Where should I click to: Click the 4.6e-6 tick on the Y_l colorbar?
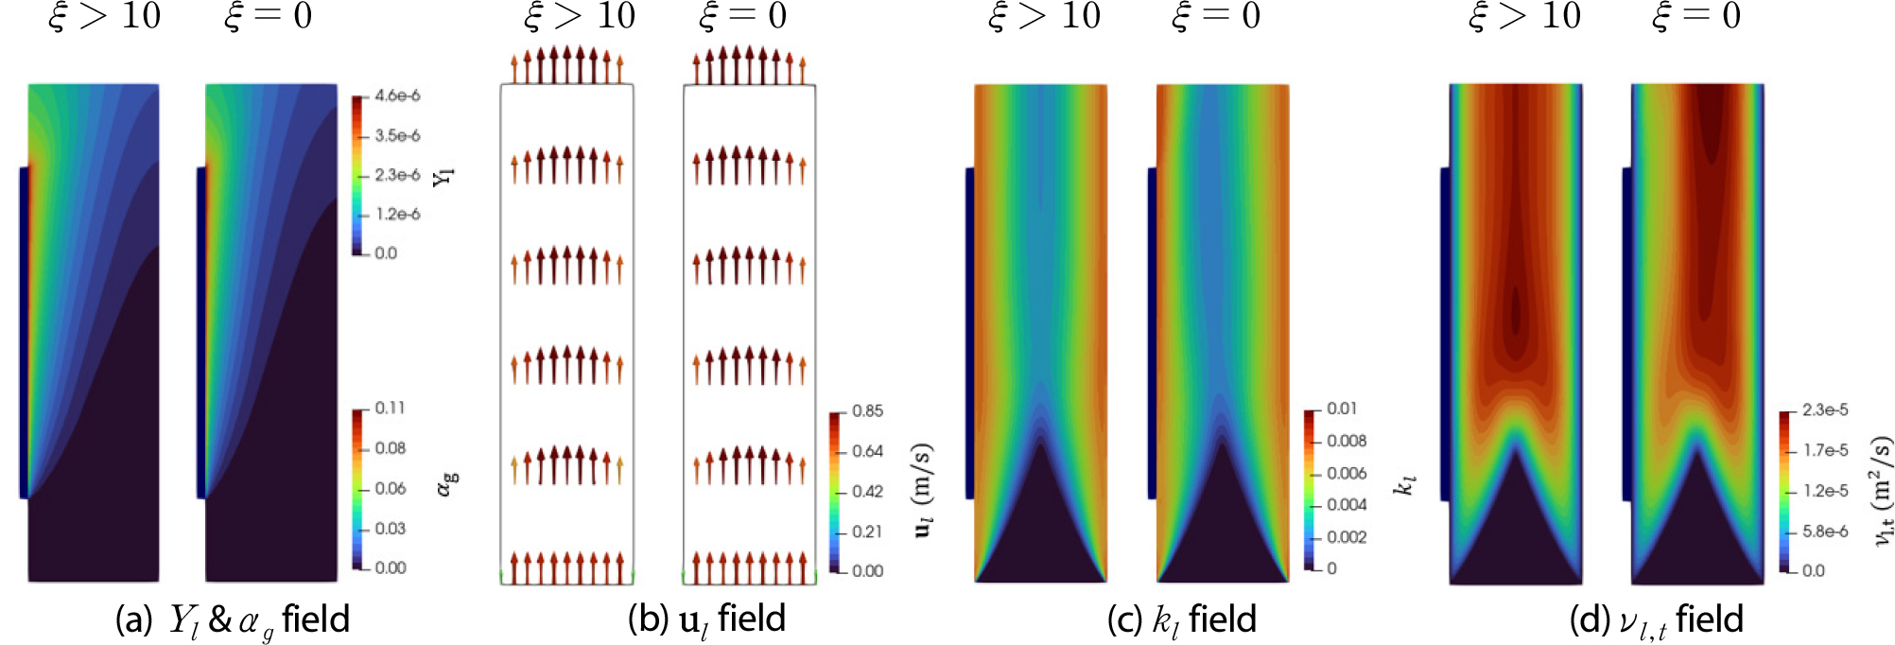pyautogui.click(x=397, y=96)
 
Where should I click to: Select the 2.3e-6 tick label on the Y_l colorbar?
pyautogui.click(x=397, y=175)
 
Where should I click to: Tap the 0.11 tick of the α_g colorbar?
pyautogui.click(x=390, y=408)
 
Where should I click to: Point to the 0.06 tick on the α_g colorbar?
pyautogui.click(x=390, y=488)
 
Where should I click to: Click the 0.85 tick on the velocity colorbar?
pyautogui.click(x=867, y=410)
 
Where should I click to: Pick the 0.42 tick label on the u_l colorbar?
pyautogui.click(x=867, y=491)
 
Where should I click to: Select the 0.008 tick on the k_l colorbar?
pyautogui.click(x=1347, y=441)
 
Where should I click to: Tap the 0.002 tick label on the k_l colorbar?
pyautogui.click(x=1347, y=537)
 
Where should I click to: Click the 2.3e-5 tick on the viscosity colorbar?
pyautogui.click(x=1825, y=410)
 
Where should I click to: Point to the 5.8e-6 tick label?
pyautogui.click(x=1825, y=532)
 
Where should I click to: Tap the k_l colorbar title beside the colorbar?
pyautogui.click(x=1405, y=484)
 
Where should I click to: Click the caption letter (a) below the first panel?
pyautogui.click(x=133, y=620)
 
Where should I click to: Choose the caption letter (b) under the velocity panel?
pyautogui.click(x=647, y=619)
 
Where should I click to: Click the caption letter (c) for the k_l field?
pyautogui.click(x=1125, y=620)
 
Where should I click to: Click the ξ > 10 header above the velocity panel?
pyautogui.click(x=580, y=16)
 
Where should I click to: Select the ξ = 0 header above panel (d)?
pyautogui.click(x=1696, y=16)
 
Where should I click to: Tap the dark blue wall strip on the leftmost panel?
pyautogui.click(x=24, y=331)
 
